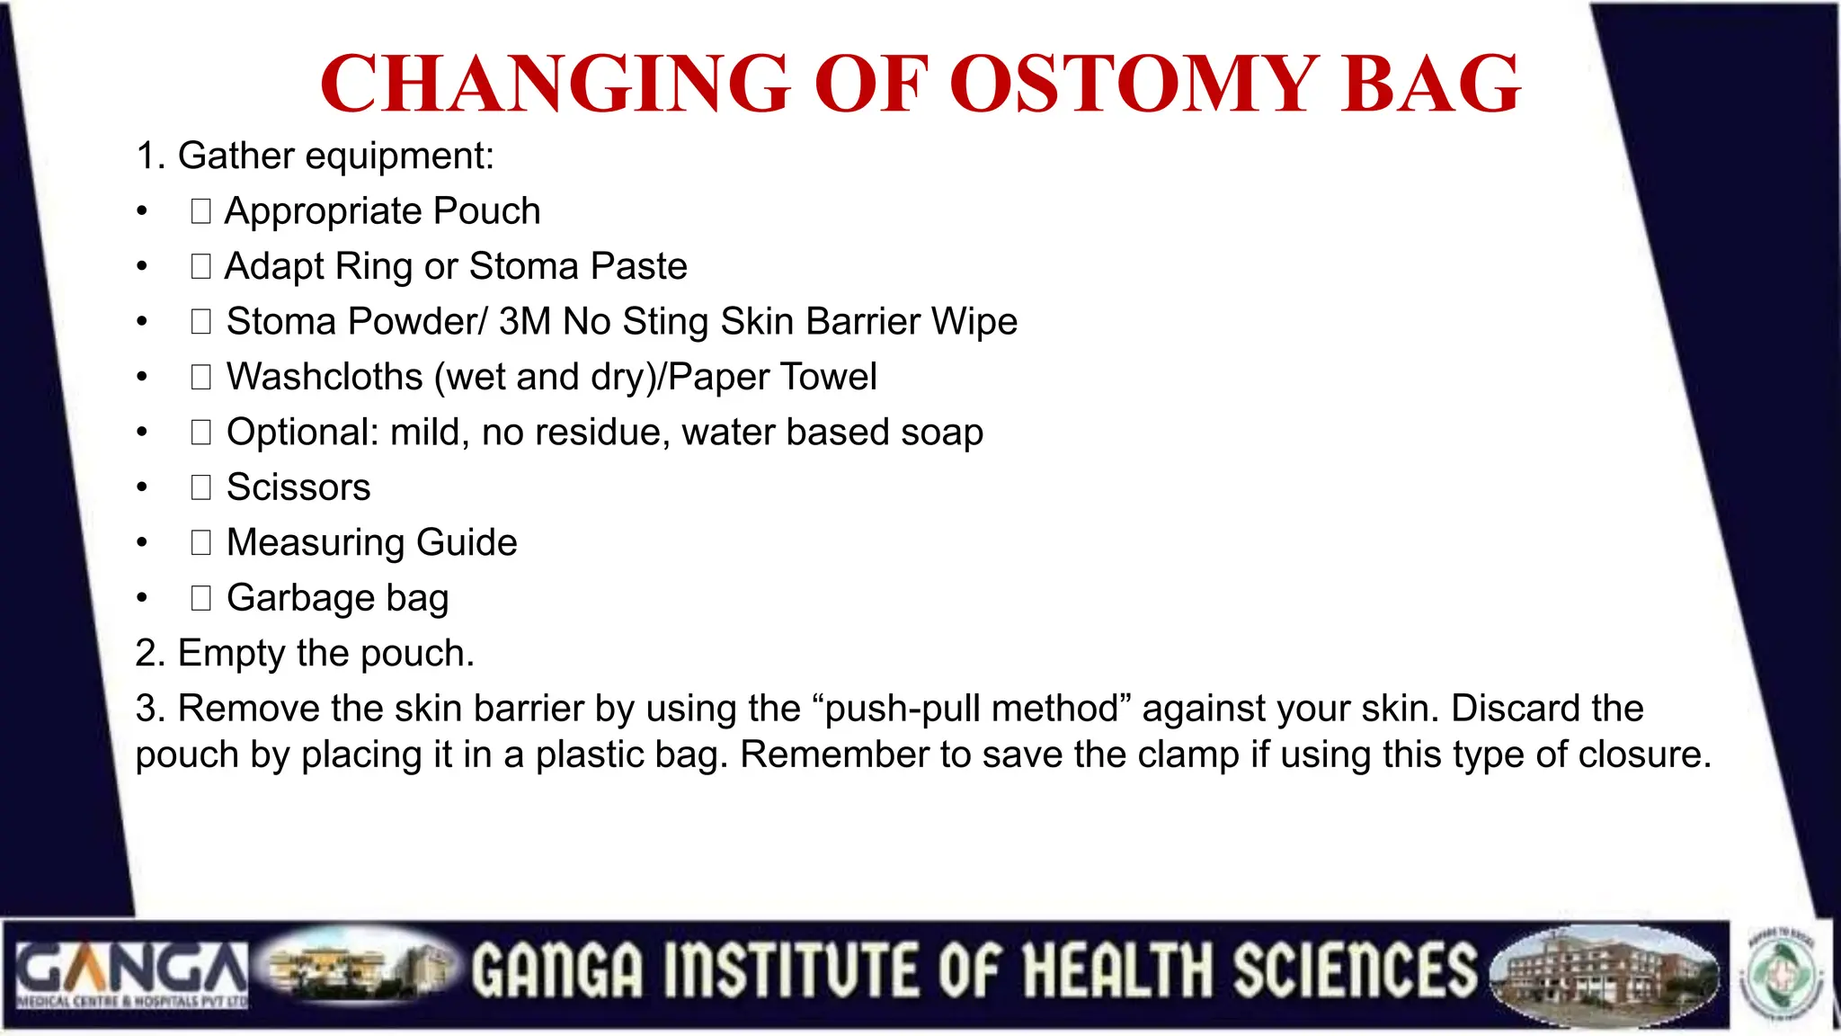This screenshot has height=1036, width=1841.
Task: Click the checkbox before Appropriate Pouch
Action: (x=200, y=211)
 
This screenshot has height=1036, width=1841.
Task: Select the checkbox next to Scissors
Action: (x=200, y=487)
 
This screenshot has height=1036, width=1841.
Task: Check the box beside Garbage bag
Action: (x=200, y=598)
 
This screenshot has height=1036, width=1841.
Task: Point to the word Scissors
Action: (x=298, y=487)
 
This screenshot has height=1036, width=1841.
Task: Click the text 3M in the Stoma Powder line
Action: (x=524, y=322)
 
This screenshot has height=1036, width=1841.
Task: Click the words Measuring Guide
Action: (x=371, y=543)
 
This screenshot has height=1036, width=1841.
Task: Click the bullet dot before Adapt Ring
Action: (x=142, y=267)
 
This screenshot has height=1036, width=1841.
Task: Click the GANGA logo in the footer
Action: (x=131, y=975)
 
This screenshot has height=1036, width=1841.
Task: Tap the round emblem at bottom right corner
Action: (x=1783, y=975)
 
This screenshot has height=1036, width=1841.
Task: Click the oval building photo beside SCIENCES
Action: (x=1604, y=977)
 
